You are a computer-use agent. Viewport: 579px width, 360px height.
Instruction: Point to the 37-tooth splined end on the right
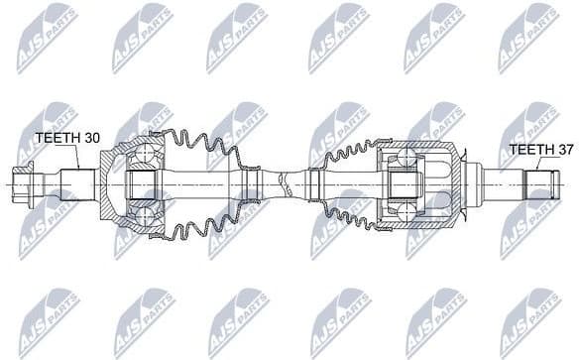click(x=539, y=185)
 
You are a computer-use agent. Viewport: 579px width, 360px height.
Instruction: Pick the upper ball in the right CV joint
click(x=404, y=156)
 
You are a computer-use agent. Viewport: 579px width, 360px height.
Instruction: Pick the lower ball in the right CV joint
click(x=404, y=210)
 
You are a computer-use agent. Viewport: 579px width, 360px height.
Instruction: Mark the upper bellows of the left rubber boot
click(x=203, y=149)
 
